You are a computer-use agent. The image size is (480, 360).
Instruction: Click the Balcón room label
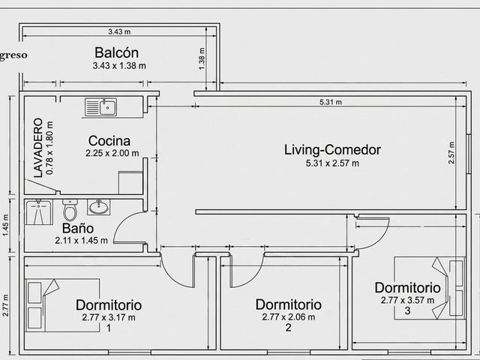116,52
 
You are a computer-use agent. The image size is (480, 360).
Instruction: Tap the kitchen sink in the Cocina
100,107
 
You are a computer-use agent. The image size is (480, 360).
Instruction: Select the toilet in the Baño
70,210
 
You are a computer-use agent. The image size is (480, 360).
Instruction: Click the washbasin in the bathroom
98,207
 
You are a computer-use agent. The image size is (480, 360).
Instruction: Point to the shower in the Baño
38,211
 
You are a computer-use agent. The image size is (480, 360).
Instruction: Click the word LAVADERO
38,148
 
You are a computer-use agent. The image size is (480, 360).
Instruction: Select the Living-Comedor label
333,150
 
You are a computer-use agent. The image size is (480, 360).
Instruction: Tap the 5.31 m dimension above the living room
331,102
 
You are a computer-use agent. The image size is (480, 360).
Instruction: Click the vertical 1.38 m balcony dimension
202,58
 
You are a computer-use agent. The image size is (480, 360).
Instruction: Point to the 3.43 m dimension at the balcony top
119,31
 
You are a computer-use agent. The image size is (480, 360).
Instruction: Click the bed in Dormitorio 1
62,305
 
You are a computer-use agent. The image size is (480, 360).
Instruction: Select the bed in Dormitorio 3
430,288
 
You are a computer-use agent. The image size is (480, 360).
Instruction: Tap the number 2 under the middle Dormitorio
288,328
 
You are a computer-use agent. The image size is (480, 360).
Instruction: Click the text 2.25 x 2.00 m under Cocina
112,153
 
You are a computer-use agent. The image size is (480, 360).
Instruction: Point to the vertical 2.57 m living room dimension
451,152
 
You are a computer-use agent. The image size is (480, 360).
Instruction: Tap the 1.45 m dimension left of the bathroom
6,225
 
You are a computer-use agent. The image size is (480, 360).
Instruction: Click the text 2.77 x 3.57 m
407,300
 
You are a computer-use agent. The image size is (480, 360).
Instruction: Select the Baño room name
78,228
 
